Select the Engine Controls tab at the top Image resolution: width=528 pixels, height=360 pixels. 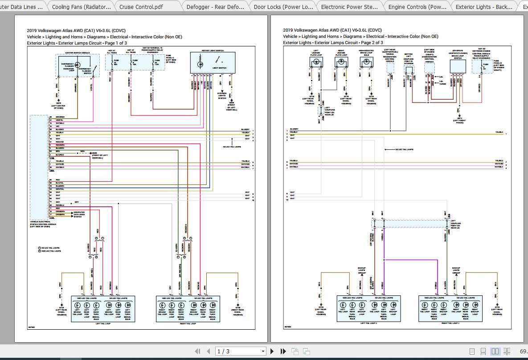pos(417,7)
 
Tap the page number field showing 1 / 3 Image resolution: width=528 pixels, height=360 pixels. pos(240,351)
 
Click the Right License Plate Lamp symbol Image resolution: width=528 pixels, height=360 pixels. pos(341,63)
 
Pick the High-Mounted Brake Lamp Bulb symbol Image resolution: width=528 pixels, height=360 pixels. pos(366,63)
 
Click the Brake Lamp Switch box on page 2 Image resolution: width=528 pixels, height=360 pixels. pos(458,67)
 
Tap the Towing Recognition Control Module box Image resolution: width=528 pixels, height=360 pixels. pos(391,67)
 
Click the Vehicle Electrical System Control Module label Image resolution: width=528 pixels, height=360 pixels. pos(43,223)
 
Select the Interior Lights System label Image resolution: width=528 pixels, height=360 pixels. pos(221,95)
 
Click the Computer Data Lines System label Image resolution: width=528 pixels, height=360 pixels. pos(79,214)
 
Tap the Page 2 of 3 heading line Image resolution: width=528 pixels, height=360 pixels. pos(333,43)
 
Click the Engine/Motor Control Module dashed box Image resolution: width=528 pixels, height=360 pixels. pos(429,68)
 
